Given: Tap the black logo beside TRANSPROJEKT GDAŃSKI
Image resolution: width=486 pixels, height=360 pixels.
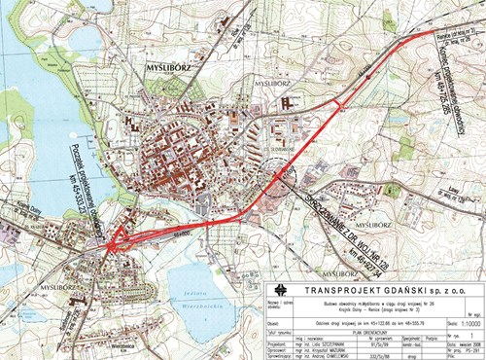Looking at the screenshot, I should (280, 289).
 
